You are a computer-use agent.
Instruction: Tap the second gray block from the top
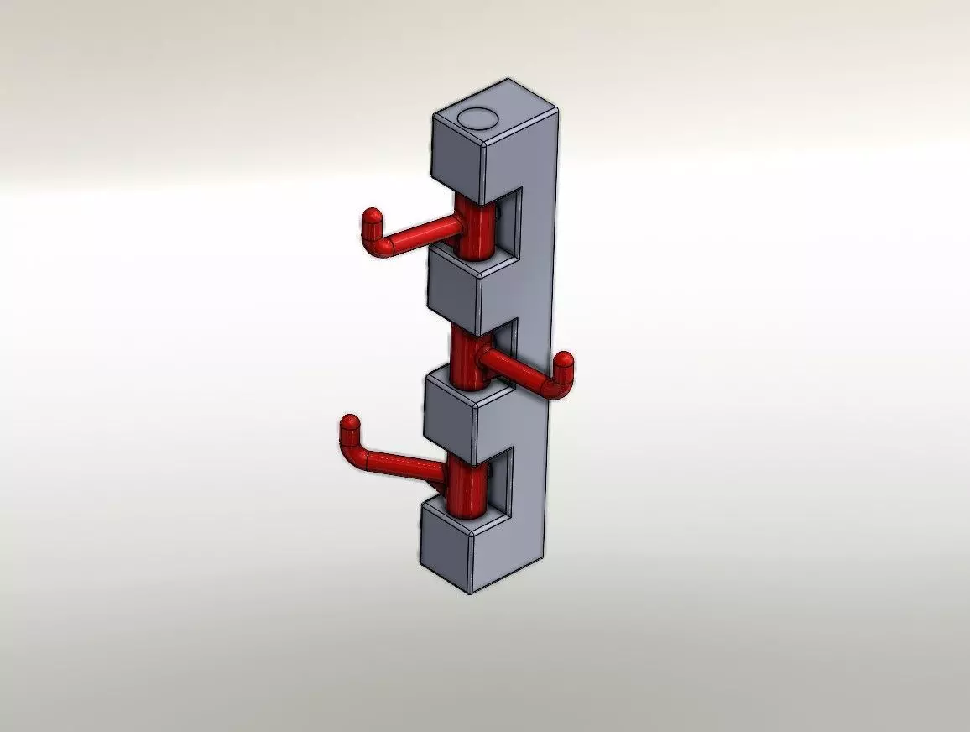pos(453,285)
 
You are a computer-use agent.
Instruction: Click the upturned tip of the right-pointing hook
pos(563,368)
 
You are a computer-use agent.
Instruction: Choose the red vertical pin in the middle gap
pos(467,357)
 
